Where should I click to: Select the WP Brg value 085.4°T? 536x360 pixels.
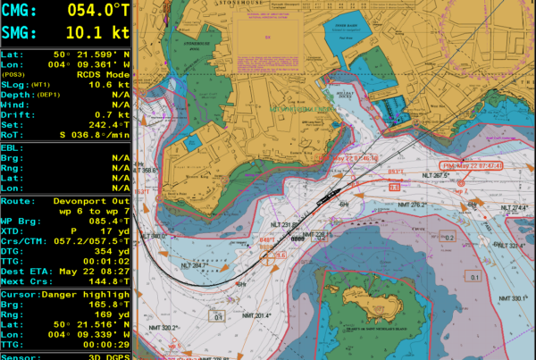click(x=106, y=219)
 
